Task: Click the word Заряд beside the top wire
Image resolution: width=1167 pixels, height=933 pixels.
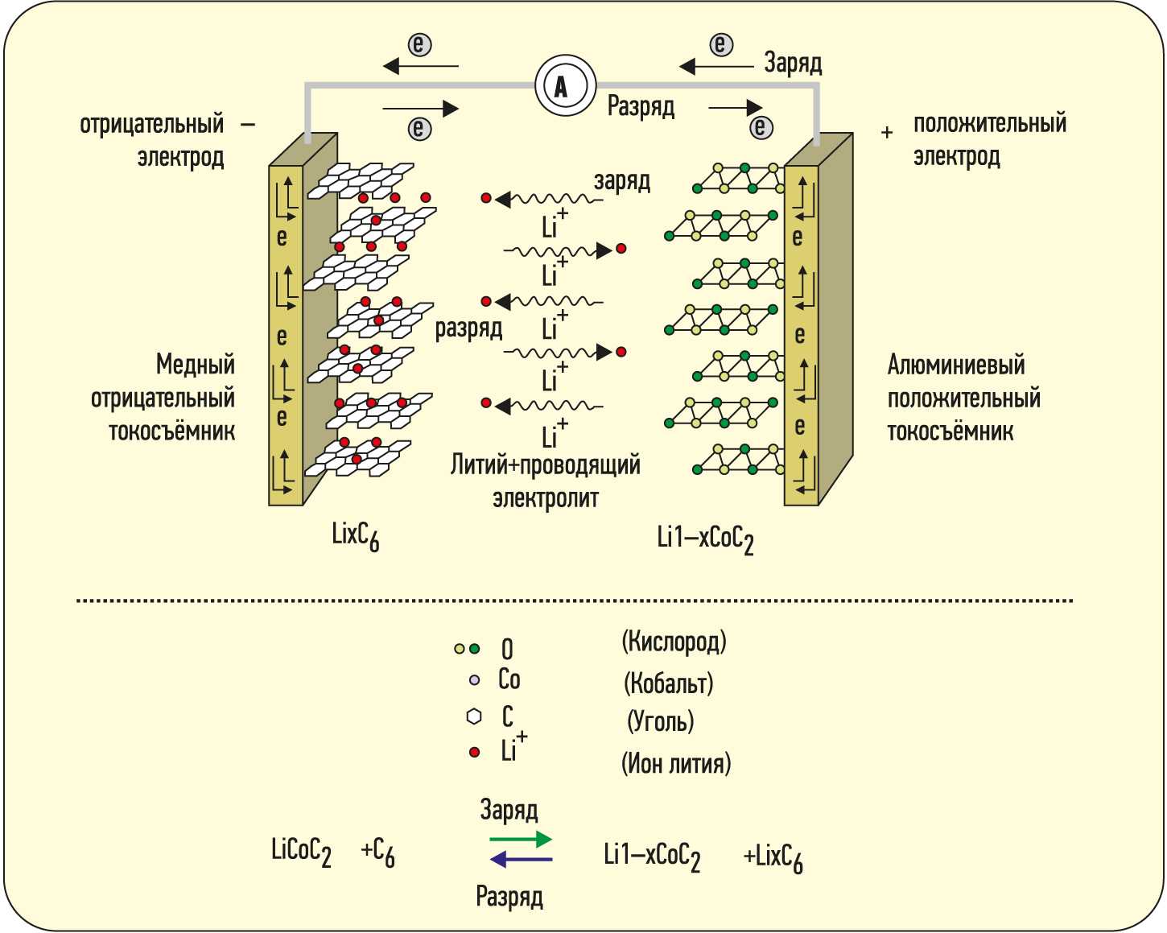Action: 793,63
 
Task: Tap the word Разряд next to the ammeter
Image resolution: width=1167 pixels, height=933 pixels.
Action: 641,106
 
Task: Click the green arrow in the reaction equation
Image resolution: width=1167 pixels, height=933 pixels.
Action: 521,840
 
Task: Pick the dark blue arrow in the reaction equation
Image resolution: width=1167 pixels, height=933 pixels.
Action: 521,860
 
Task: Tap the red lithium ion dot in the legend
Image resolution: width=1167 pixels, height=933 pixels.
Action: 474,752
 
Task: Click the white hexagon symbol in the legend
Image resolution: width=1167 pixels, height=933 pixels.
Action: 474,716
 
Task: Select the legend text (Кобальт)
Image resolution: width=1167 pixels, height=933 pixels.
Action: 668,683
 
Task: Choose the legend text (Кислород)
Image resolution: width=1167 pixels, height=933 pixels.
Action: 674,642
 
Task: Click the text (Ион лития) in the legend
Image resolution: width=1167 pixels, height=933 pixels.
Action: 676,762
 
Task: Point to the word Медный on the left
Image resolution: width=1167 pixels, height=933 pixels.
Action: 196,365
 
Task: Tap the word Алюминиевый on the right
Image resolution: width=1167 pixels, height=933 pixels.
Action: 956,365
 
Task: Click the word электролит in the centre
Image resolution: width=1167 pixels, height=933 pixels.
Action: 546,497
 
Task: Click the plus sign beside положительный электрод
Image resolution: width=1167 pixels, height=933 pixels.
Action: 887,133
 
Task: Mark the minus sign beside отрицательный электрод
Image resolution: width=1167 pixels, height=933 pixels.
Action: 248,125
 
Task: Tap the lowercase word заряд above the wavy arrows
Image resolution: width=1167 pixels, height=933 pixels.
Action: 622,181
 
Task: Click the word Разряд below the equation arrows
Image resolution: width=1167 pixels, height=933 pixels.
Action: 509,897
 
